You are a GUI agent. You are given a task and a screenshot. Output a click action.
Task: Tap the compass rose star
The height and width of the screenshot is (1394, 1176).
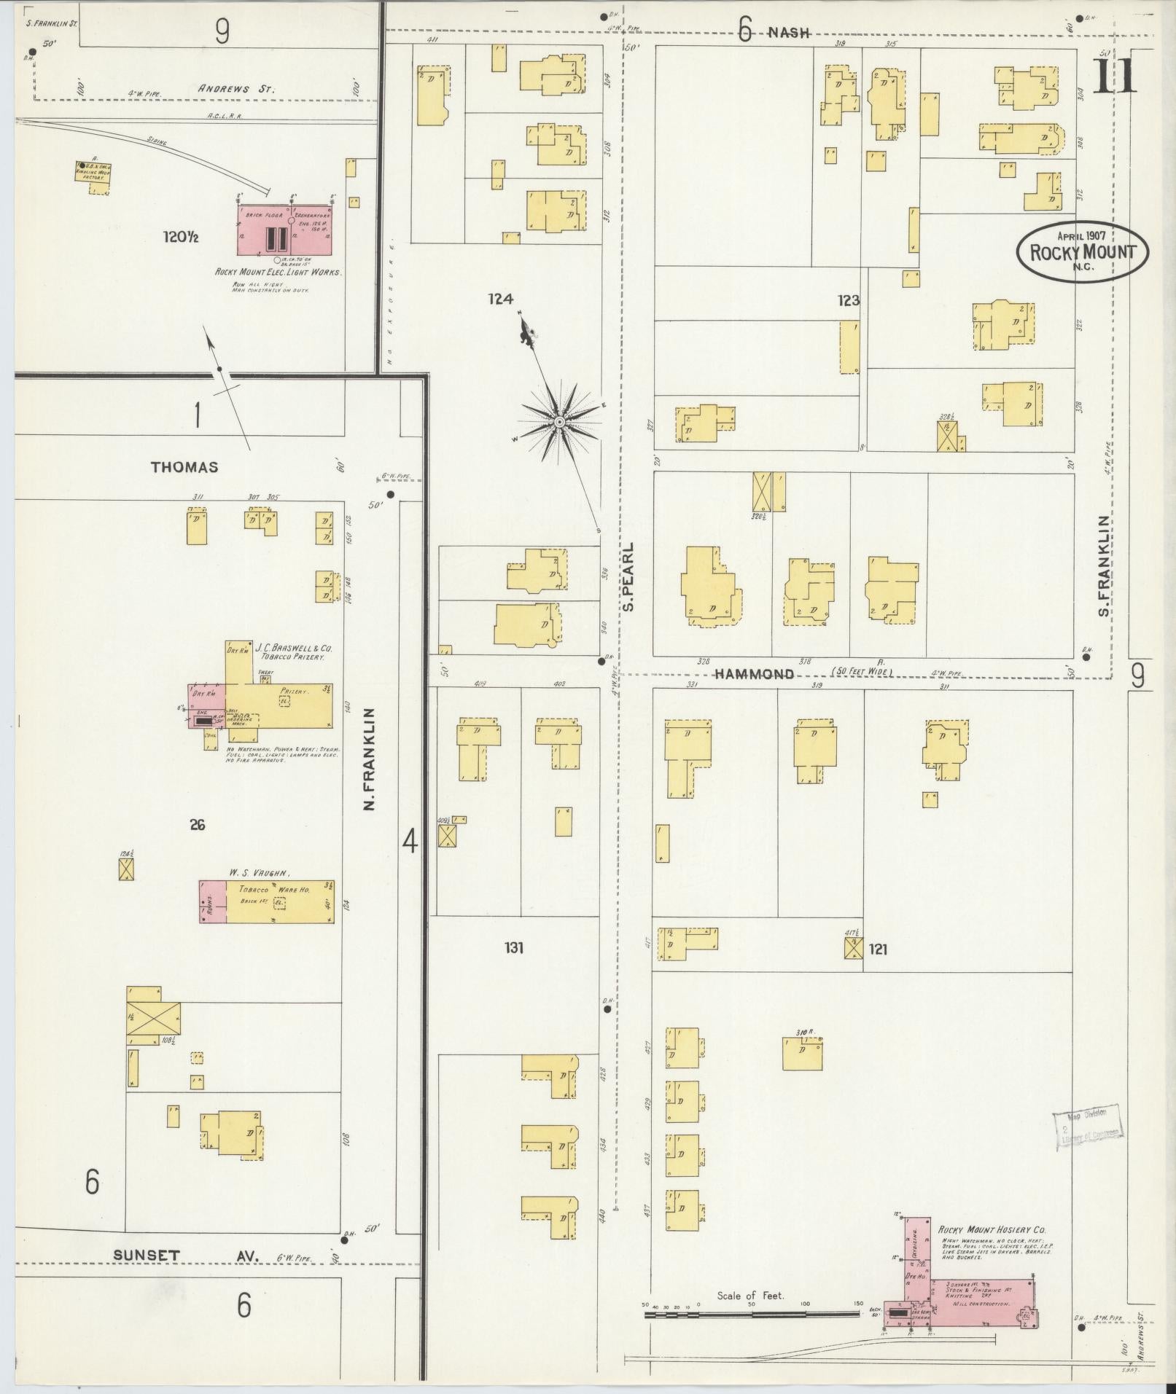[559, 422]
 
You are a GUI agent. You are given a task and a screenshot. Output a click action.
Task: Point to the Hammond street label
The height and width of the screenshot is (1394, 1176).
[754, 674]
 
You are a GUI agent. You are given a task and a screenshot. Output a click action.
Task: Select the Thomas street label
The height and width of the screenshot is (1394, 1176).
[184, 467]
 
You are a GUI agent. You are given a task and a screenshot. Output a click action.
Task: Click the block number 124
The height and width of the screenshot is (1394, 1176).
[501, 298]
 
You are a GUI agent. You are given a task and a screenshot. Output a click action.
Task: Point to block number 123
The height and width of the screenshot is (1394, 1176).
[848, 300]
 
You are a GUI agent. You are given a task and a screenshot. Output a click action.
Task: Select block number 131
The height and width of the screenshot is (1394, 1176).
[513, 948]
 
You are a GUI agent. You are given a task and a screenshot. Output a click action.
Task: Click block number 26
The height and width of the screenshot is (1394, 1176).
[197, 824]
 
